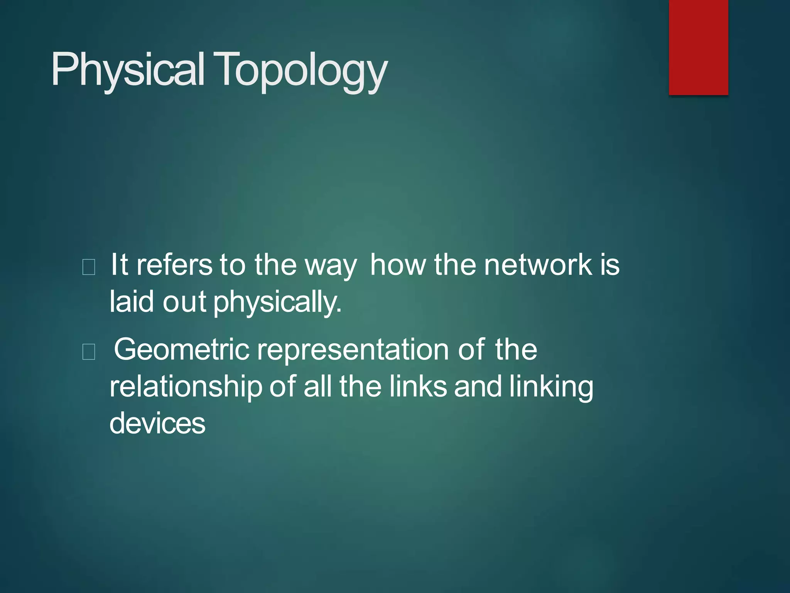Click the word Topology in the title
coord(300,70)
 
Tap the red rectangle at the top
coord(698,47)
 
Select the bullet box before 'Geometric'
coord(89,352)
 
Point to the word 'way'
coord(331,266)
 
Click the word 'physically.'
coord(277,302)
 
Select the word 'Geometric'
coord(182,349)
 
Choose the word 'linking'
coord(551,387)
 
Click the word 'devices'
coord(157,423)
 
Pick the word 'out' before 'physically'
coord(184,302)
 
